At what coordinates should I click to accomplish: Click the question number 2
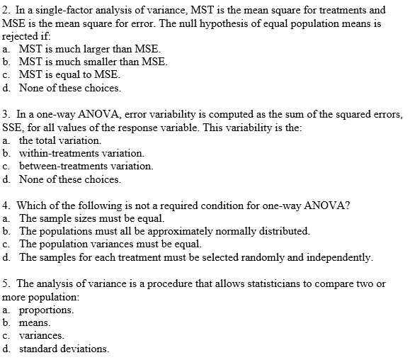[x=6, y=11]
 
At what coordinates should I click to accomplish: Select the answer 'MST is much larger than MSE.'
[x=89, y=50]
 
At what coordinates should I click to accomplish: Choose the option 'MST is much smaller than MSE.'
[x=93, y=62]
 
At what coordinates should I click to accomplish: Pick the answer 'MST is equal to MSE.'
[x=69, y=75]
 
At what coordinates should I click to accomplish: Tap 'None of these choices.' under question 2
[x=69, y=89]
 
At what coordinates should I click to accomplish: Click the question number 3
[x=6, y=114]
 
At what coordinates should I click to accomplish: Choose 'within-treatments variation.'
[x=81, y=153]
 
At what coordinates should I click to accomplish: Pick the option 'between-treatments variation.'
[x=85, y=166]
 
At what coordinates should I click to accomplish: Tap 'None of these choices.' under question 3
[x=69, y=179]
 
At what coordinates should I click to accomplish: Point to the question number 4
[x=6, y=206]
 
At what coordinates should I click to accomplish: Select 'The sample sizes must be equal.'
[x=91, y=218]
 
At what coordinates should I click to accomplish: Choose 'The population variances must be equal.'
[x=110, y=244]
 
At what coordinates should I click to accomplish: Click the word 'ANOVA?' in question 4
[x=325, y=206]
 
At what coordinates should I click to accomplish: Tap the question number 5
[x=6, y=283]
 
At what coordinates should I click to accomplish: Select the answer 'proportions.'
[x=46, y=310]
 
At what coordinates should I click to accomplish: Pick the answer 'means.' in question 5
[x=37, y=322]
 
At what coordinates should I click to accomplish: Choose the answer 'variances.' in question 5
[x=42, y=335]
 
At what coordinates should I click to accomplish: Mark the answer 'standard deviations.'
[x=64, y=349]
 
